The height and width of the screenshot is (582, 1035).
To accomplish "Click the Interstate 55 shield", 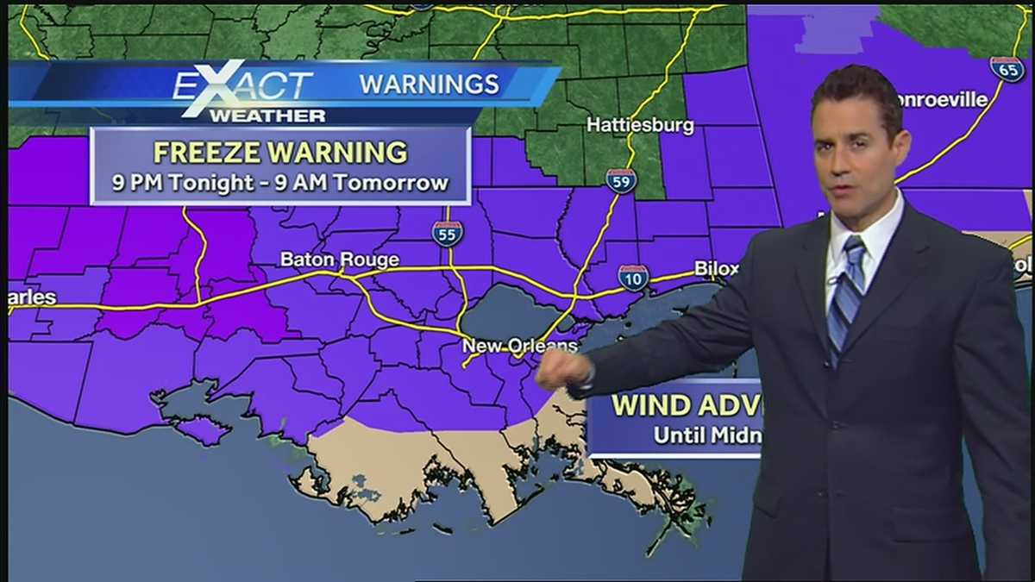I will pos(448,233).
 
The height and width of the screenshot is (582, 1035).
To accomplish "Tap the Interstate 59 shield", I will pos(621,180).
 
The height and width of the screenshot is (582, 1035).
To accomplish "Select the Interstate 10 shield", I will pos(633,278).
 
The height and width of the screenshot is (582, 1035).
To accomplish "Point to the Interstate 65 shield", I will pos(1007,69).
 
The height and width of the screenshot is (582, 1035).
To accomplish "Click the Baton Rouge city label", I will pos(339,260).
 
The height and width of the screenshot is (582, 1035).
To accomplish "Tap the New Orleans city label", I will pos(519,346).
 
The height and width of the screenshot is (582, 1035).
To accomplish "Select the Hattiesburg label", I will pos(640,125).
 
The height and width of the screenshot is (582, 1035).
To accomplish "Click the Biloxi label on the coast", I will pos(717,269).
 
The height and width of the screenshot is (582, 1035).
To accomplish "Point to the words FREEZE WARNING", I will pos(280,152).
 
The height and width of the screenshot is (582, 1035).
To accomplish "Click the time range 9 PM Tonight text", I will pos(280,183).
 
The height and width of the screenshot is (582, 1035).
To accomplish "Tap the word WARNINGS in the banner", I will pos(429,84).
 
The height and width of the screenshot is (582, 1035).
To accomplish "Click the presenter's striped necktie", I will pos(845,293).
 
